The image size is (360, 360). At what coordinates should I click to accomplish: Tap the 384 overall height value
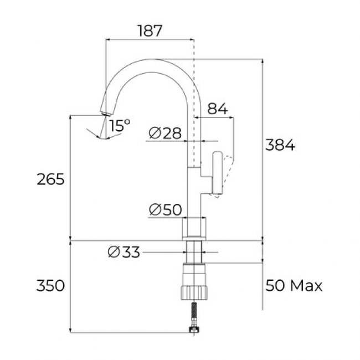pyautogui.click(x=280, y=146)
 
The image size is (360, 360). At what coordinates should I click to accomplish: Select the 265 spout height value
pyautogui.click(x=51, y=179)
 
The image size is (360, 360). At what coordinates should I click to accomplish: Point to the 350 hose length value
pyautogui.click(x=51, y=286)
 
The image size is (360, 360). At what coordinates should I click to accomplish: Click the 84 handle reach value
pyautogui.click(x=218, y=109)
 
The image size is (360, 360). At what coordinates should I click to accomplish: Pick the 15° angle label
pyautogui.click(x=119, y=126)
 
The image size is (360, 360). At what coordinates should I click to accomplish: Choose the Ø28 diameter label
pyautogui.click(x=165, y=133)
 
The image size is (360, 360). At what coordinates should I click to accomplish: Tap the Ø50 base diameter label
pyautogui.click(x=165, y=210)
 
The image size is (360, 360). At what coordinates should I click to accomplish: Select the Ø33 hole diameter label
pyautogui.click(x=123, y=252)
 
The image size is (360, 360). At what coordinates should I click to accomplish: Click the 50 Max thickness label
pyautogui.click(x=294, y=286)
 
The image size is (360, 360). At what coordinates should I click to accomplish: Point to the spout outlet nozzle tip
pyautogui.click(x=103, y=110)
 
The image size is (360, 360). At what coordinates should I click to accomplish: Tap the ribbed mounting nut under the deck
pyautogui.click(x=194, y=284)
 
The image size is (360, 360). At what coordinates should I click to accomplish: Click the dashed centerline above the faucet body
pyautogui.click(x=194, y=50)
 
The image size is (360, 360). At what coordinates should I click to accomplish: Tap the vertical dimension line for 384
pyautogui.click(x=262, y=166)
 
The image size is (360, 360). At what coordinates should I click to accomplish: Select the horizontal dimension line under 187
pyautogui.click(x=150, y=40)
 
